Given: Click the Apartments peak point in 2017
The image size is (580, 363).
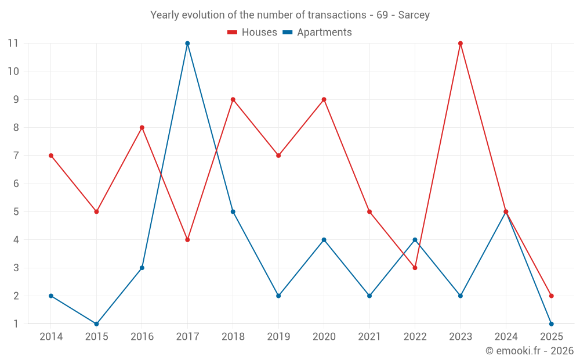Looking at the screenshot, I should point(187,44).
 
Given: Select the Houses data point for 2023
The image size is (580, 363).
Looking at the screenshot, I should point(461,44).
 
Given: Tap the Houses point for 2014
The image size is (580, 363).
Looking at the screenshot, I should point(51,156).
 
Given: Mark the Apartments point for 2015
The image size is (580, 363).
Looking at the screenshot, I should point(96,324).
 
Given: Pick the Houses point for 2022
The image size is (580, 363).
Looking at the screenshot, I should point(415,268).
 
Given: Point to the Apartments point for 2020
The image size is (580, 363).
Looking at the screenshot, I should point(324,240).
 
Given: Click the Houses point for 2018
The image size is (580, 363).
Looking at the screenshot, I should point(233,99).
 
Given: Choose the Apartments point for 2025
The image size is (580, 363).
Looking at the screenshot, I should point(551,324).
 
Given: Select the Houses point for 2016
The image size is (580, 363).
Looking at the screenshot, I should point(142,128).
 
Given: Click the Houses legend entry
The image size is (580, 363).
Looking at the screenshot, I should point(252,33).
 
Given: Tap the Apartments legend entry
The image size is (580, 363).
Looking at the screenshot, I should point(317,33).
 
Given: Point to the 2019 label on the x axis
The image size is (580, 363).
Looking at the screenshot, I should point(278,336).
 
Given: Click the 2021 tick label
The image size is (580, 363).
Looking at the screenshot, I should point(369,336).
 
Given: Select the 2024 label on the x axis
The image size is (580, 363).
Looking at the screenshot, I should point(506,336).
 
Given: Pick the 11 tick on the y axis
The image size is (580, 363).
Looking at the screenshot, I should point(13,44).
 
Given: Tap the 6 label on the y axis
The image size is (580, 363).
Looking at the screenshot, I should point(16,184).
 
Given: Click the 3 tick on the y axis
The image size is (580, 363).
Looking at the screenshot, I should point(16,268).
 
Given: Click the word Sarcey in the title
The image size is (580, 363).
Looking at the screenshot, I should point(414,15).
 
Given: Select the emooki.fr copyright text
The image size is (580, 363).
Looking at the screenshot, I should point(530,351).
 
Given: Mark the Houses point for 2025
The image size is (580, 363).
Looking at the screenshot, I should point(551,296).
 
